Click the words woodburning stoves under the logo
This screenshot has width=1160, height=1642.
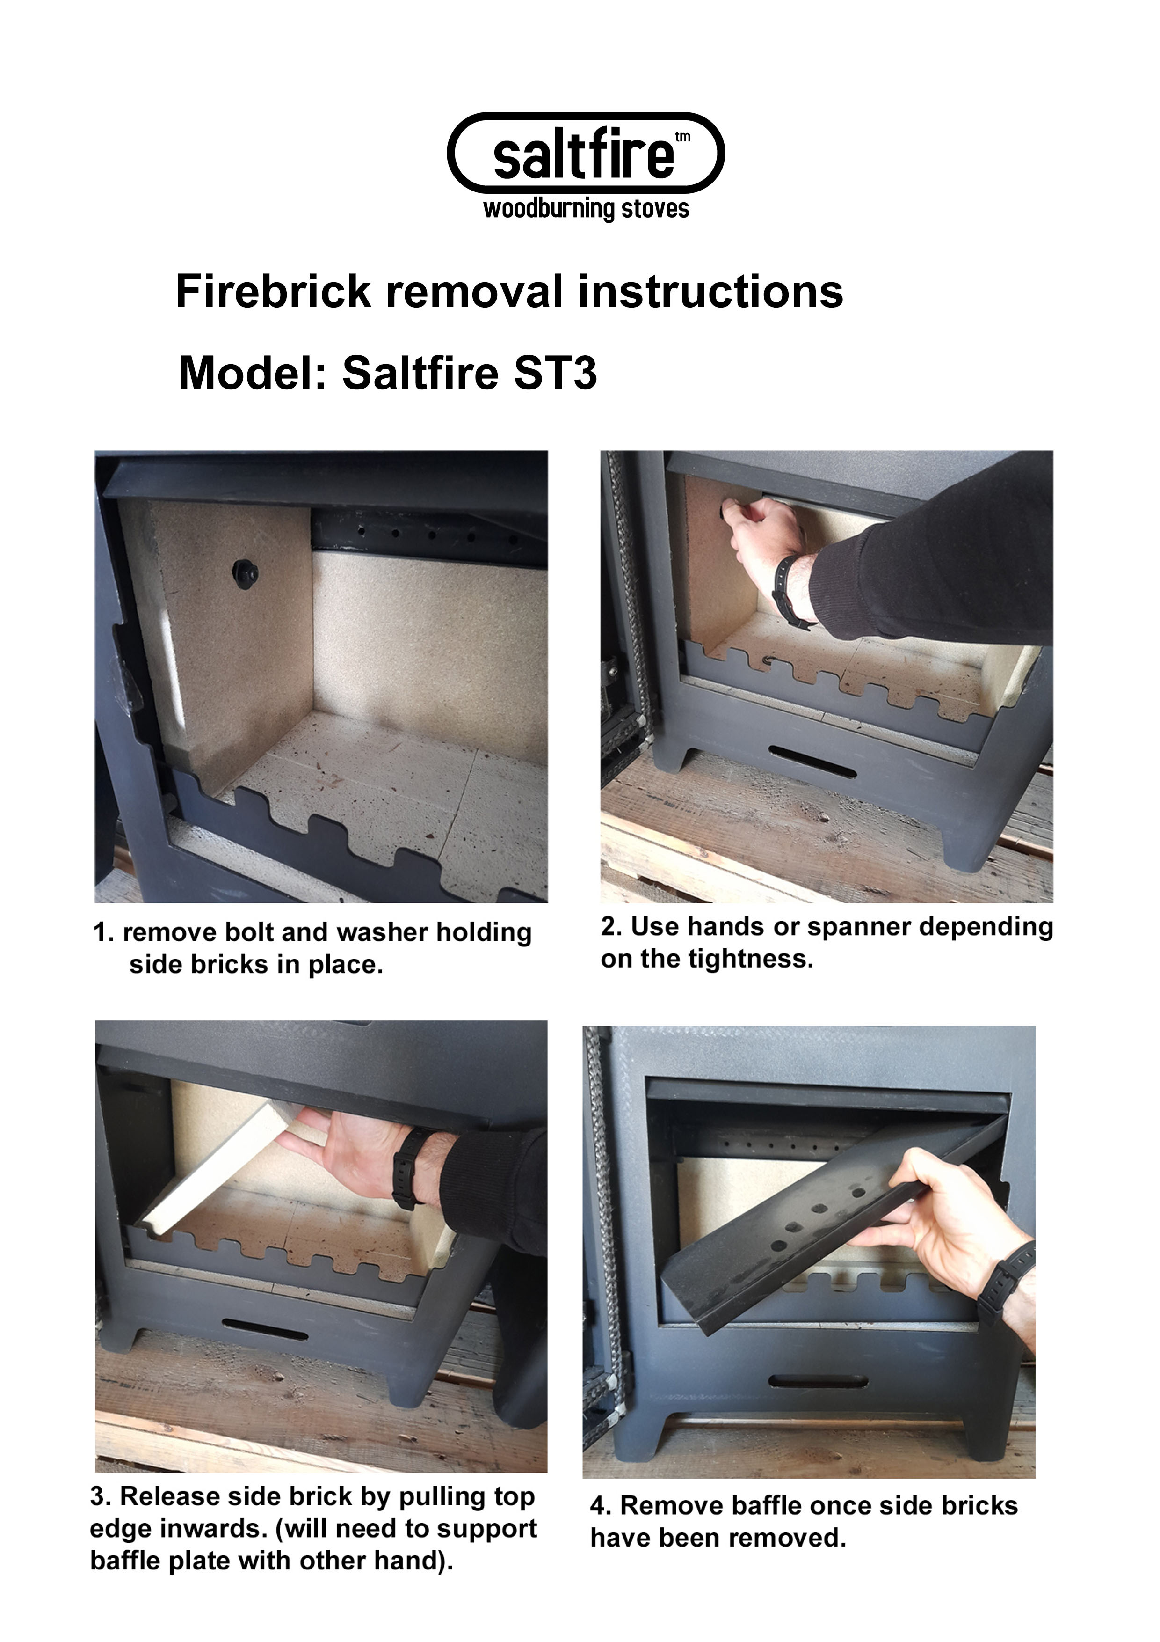(x=586, y=210)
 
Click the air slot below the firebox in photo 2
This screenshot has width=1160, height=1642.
(x=812, y=762)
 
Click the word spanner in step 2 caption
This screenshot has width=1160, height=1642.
(x=858, y=927)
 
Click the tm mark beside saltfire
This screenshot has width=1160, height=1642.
(x=682, y=137)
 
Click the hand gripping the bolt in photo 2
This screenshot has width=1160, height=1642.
(x=761, y=533)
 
